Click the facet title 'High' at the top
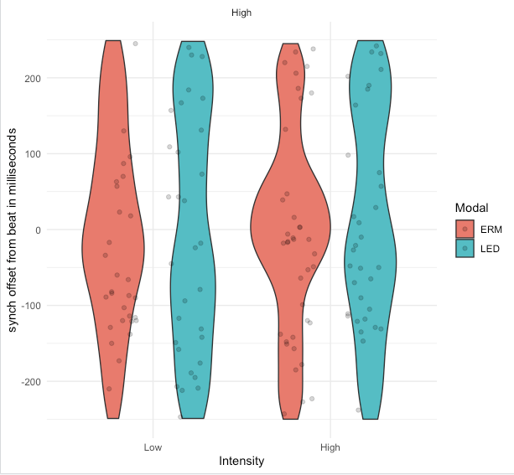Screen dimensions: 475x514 coord(241,13)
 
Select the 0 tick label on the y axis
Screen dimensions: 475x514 coord(38,230)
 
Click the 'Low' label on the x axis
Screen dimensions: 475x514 coord(153,447)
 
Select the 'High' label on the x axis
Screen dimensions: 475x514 coord(330,447)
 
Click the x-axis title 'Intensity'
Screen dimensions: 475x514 coord(241,462)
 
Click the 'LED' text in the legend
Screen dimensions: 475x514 coord(491,248)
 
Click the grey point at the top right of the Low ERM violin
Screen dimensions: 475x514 coord(136,43)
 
